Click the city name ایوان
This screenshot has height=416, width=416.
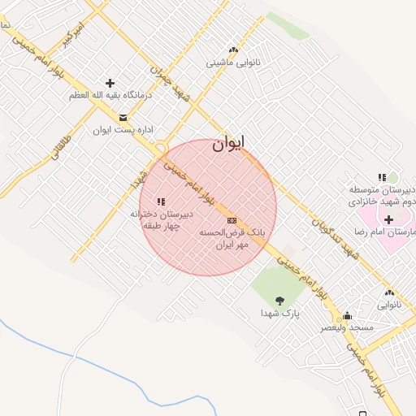228,144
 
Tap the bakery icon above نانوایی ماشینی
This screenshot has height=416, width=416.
234,50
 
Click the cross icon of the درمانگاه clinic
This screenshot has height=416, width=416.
110,83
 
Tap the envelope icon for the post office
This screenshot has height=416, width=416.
123,117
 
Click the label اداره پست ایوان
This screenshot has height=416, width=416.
123,129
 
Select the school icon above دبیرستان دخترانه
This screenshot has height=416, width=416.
161,201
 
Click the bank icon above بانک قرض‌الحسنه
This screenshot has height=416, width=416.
232,220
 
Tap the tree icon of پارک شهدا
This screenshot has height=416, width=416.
280,301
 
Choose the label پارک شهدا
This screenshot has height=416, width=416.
280,313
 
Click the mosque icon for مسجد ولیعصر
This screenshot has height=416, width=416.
348,316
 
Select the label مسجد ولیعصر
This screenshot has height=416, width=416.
348,327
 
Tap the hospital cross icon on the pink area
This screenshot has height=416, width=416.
388,219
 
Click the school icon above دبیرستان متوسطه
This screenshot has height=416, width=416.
382,178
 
